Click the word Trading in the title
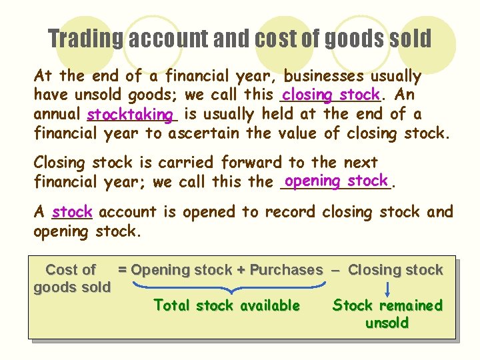point(85,39)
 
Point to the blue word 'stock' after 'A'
point(72,213)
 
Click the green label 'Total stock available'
point(227,305)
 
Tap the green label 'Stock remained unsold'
point(387,314)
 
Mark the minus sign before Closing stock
point(335,270)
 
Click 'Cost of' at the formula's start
point(70,270)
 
